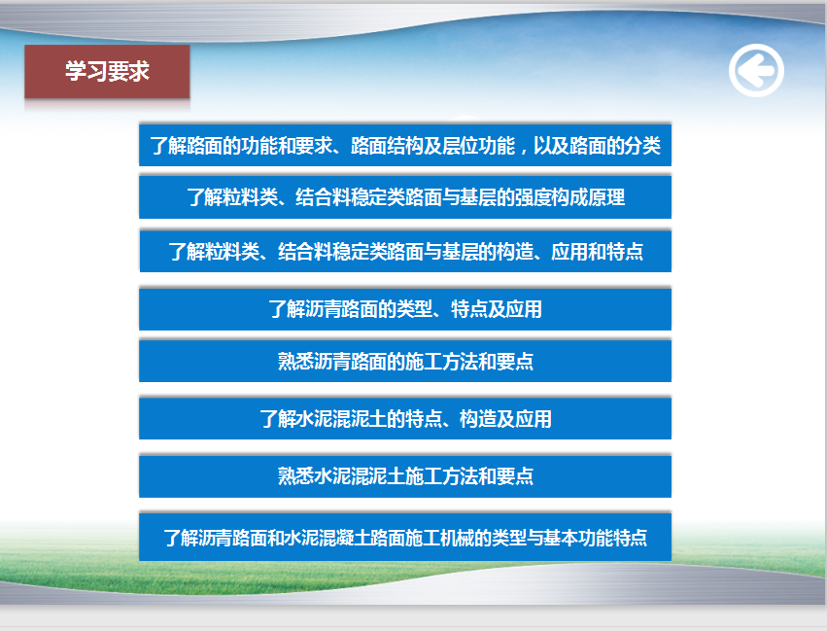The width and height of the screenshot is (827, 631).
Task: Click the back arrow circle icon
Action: (756, 70)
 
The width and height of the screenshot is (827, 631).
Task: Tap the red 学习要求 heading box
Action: (107, 72)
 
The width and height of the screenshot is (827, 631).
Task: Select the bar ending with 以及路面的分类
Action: (405, 145)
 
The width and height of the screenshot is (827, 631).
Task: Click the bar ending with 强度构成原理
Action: (405, 196)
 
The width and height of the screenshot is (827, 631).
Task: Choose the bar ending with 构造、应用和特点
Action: (405, 251)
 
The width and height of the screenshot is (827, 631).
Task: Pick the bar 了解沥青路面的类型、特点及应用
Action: (405, 309)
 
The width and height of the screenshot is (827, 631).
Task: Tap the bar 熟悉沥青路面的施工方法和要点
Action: (405, 361)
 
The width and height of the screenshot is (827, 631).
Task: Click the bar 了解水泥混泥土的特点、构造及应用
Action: (405, 418)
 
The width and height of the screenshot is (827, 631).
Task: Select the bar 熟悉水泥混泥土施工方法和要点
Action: (405, 475)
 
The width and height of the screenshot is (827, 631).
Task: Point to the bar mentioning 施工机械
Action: (405, 537)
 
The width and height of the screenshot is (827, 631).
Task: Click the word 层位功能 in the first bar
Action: (478, 146)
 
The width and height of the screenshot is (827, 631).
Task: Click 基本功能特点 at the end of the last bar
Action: (595, 538)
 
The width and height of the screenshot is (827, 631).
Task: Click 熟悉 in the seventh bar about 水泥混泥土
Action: (295, 476)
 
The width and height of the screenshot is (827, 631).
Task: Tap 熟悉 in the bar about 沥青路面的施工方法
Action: (295, 362)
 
